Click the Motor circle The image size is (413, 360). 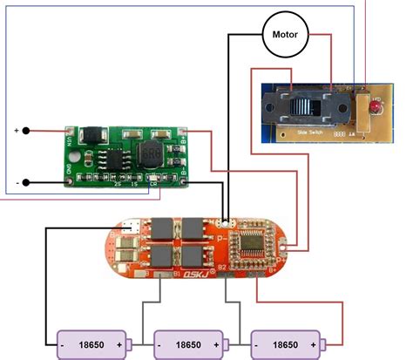(287, 36)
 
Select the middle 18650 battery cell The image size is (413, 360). (189, 344)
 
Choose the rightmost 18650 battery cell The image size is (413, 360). (285, 344)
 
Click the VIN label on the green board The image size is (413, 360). (70, 139)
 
